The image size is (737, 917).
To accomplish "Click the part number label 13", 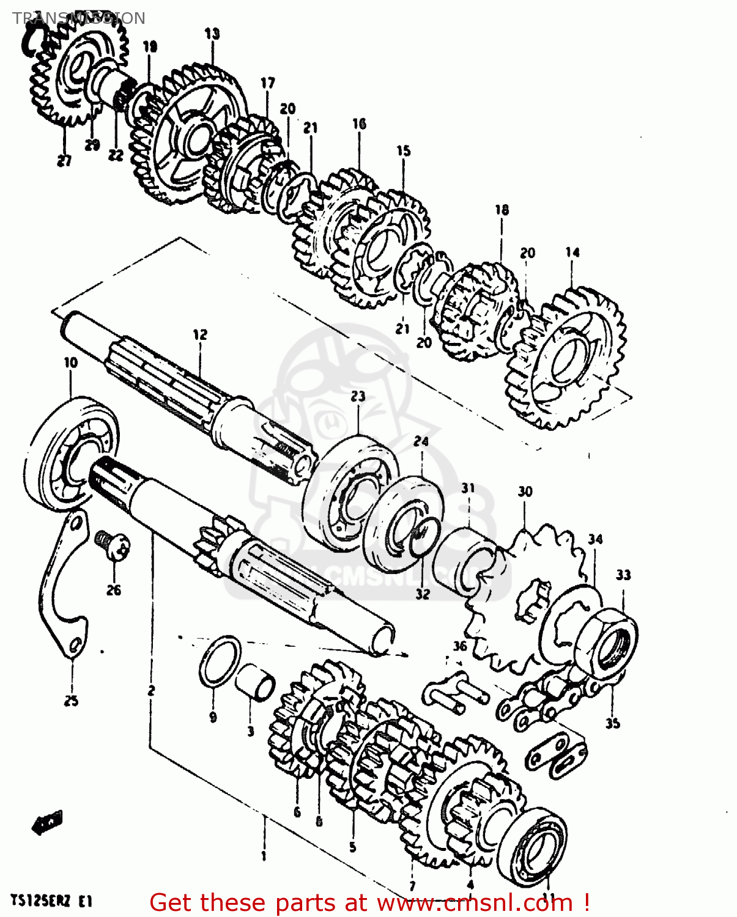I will pyautogui.click(x=212, y=34).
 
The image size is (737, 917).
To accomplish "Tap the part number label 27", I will pyautogui.click(x=64, y=161).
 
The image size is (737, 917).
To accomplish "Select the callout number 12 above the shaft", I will pyautogui.click(x=200, y=334).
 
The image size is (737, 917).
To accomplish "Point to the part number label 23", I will pyautogui.click(x=358, y=396).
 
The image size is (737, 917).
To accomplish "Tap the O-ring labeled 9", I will pyautogui.click(x=220, y=661).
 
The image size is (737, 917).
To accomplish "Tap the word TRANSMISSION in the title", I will pyautogui.click(x=79, y=18).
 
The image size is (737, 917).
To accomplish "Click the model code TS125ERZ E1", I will pyautogui.click(x=51, y=901).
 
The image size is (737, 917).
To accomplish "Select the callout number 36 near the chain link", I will pyautogui.click(x=460, y=646).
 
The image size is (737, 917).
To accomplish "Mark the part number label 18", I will pyautogui.click(x=502, y=210).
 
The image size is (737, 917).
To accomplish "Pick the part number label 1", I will pyautogui.click(x=264, y=856).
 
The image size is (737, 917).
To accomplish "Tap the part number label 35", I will pyautogui.click(x=612, y=723).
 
